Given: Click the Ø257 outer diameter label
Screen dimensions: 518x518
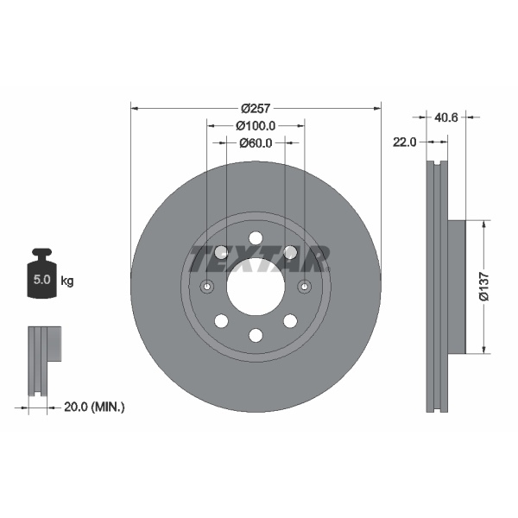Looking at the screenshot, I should [256, 109].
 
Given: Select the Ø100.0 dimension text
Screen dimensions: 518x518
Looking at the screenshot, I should [256, 126].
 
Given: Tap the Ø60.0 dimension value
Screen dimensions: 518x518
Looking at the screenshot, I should [256, 142].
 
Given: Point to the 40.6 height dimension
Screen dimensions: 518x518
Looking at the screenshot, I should [446, 117].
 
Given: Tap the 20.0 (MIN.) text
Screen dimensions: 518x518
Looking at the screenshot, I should [95, 406].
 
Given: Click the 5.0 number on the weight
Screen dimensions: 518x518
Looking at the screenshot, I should [40, 281].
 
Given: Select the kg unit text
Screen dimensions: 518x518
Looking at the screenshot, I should [67, 281].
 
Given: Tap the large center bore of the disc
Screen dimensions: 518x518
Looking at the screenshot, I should [256, 287].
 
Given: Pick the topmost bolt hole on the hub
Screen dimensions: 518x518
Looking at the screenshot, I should [256, 239].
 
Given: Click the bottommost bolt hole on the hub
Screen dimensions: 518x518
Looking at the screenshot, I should [256, 335].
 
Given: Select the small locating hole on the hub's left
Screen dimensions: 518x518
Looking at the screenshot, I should [207, 287].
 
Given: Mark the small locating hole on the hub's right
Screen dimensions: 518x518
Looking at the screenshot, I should [304, 287].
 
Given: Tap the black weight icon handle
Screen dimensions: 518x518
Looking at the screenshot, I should [41, 255].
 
